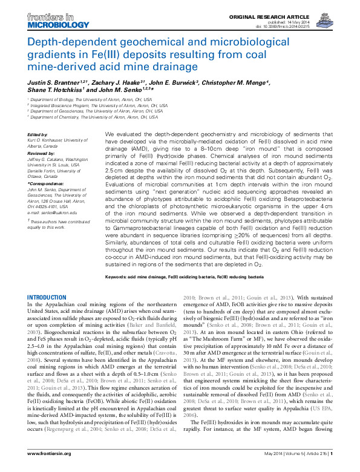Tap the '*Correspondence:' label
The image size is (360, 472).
tap(46, 183)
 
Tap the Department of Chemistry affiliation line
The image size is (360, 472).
tap(89, 117)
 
